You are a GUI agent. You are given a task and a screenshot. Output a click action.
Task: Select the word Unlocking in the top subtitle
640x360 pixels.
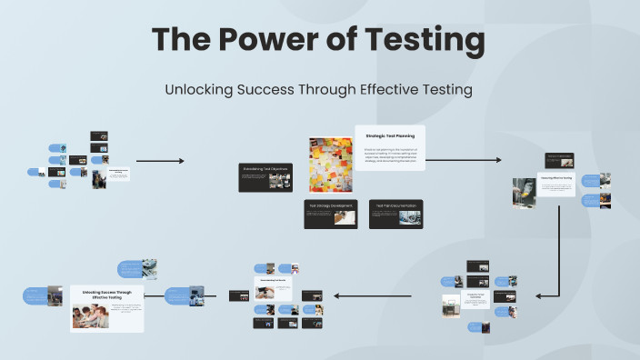tap(196, 89)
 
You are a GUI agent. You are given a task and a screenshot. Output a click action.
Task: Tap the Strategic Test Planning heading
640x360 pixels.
tap(390, 135)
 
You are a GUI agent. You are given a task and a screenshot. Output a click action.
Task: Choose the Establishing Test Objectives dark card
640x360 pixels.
tap(265, 176)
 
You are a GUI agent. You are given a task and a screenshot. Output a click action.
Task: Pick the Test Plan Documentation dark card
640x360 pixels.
tap(395, 214)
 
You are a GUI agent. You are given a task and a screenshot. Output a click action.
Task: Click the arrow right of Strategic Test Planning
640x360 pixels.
tap(463, 160)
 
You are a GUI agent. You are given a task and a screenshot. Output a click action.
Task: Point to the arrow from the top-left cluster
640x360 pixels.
tap(160, 161)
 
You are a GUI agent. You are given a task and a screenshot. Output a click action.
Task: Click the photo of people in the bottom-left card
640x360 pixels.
tap(90, 314)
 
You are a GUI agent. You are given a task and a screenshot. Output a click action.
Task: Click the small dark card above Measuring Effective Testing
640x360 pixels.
tap(558, 159)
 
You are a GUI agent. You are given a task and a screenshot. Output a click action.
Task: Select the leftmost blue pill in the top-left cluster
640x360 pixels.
tap(35, 171)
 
